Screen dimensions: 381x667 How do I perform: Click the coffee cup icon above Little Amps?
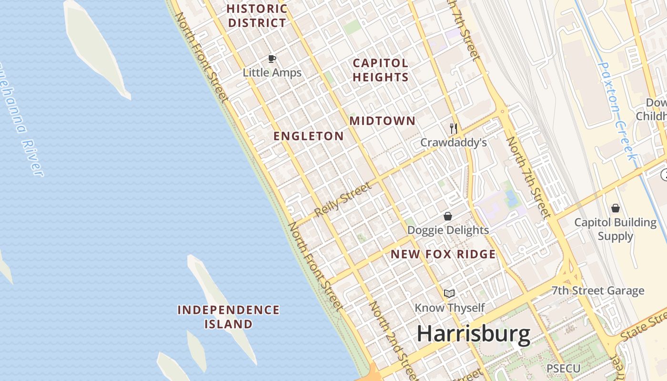[272, 59]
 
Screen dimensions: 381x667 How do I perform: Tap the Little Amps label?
[272, 73]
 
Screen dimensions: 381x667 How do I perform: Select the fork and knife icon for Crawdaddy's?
[454, 128]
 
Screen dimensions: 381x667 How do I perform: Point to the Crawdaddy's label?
[453, 142]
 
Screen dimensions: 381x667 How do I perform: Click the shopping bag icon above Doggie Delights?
[448, 216]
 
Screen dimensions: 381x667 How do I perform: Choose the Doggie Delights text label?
[448, 231]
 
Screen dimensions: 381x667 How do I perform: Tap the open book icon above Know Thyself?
[449, 293]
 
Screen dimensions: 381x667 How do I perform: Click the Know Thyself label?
[449, 308]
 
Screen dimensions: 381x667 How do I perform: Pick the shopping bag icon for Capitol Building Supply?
[616, 208]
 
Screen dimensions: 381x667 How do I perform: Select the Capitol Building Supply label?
[616, 229]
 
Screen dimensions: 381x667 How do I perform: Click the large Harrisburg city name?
[474, 334]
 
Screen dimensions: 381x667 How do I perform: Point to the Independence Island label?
[229, 317]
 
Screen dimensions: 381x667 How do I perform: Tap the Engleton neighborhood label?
[308, 136]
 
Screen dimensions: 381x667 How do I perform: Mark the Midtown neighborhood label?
[383, 121]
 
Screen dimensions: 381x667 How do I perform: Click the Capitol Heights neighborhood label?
[381, 70]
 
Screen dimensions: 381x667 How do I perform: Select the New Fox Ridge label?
[443, 254]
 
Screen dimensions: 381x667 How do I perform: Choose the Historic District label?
[257, 16]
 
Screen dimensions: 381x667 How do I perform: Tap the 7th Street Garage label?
[598, 291]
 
